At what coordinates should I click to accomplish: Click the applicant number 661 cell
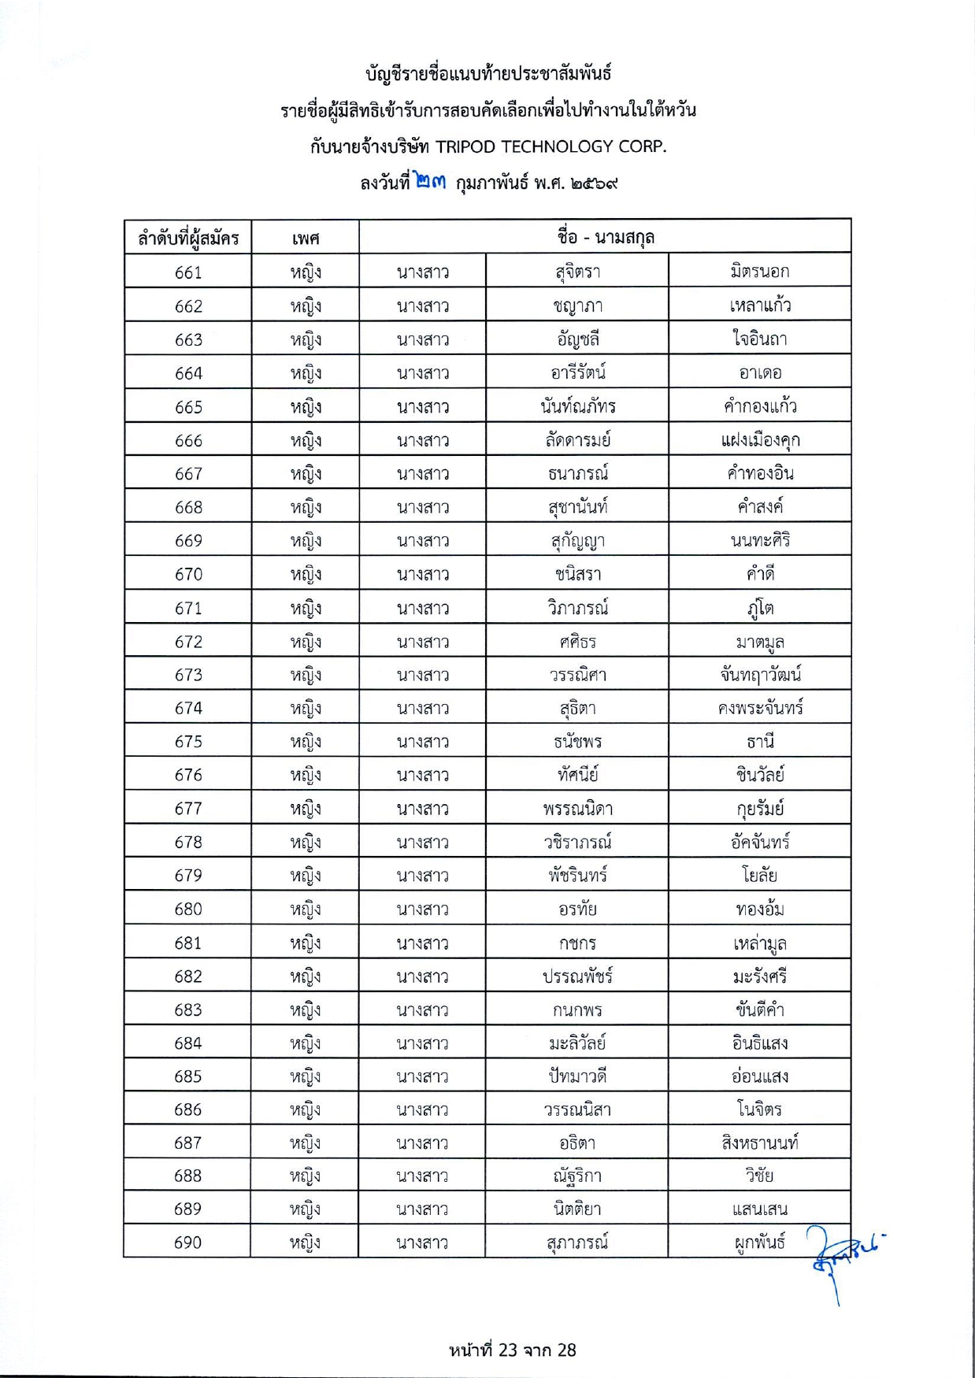[x=188, y=272]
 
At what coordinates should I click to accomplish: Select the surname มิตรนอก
[x=759, y=272]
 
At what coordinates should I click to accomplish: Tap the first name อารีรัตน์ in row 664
[x=577, y=372]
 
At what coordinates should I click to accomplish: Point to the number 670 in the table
[x=188, y=575]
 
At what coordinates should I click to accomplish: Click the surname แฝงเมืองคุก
[x=759, y=440]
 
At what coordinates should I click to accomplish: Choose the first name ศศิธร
[x=577, y=642]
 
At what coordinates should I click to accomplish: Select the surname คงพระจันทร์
[x=759, y=708]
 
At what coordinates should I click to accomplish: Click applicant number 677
[x=188, y=809]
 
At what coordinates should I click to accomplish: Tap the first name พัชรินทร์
[x=577, y=876]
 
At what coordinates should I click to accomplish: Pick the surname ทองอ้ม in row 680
[x=759, y=909]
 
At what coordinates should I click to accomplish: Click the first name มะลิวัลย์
[x=577, y=1043]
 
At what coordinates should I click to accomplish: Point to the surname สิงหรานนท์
[x=759, y=1143]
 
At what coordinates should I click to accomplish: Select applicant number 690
[x=188, y=1243]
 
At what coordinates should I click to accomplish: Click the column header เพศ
[x=305, y=238]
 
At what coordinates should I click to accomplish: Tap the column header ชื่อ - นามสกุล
[x=605, y=236]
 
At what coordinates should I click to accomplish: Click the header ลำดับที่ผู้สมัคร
[x=188, y=238]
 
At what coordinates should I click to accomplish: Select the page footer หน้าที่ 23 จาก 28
[x=513, y=1350]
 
